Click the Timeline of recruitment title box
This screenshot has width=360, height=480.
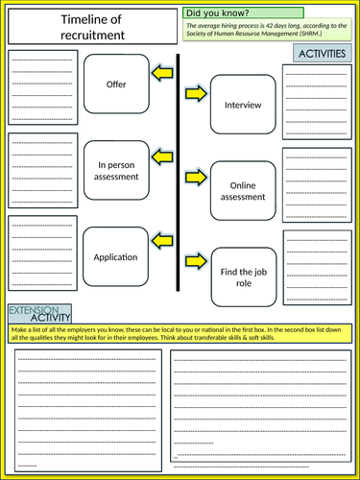(92, 27)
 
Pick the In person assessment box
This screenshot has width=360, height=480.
(116, 171)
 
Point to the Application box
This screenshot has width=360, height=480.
(116, 257)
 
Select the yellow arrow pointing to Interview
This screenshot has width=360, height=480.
(195, 93)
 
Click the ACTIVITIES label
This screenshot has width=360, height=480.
(320, 55)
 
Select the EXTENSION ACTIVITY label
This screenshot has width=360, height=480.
(40, 314)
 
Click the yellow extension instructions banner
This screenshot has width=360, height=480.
(180, 333)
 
